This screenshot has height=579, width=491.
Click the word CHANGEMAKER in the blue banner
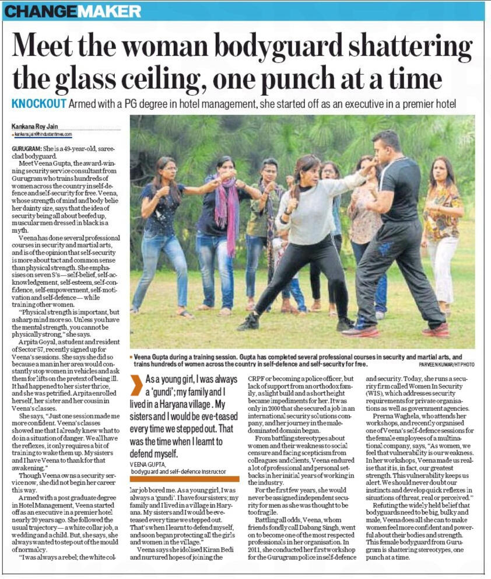(73, 11)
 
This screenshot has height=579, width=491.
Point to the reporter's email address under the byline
(40, 134)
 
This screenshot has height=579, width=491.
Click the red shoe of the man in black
(359, 331)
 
